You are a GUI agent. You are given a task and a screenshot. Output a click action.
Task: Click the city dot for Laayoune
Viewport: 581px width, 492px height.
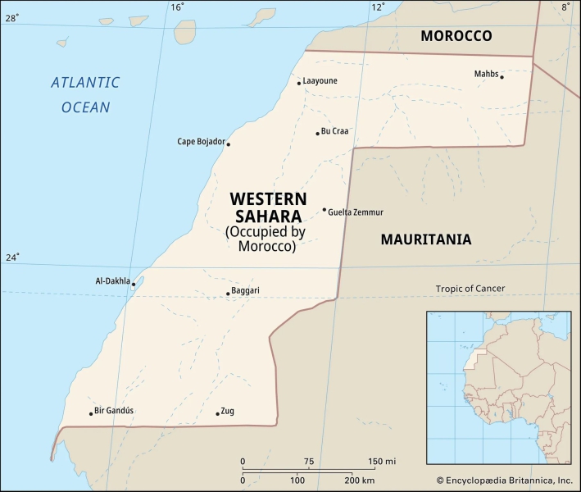pyautogui.click(x=299, y=83)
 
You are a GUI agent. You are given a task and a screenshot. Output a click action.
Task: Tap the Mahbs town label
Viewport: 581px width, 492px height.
pyautogui.click(x=486, y=74)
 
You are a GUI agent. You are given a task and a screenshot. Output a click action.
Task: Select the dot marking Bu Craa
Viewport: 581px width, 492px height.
pyautogui.click(x=318, y=133)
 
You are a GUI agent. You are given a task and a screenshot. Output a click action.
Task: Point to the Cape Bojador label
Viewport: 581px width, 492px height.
pyautogui.click(x=201, y=142)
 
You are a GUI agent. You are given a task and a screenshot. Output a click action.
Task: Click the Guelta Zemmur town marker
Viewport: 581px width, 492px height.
pyautogui.click(x=325, y=210)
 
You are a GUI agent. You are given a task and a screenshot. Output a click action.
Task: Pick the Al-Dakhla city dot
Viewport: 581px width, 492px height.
pyautogui.click(x=134, y=284)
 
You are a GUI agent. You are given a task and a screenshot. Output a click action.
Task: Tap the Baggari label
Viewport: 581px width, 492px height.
pyautogui.click(x=246, y=290)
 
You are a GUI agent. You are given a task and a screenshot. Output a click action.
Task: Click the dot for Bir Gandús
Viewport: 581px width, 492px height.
pyautogui.click(x=91, y=413)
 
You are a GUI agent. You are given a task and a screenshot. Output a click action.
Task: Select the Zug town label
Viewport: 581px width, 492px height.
pyautogui.click(x=228, y=411)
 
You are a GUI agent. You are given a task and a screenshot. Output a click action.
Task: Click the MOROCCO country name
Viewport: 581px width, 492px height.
pyautogui.click(x=456, y=36)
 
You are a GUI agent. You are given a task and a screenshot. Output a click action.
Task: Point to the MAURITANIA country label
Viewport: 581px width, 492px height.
pyautogui.click(x=425, y=239)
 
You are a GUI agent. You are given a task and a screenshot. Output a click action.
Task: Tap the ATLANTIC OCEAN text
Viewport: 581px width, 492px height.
pyautogui.click(x=85, y=94)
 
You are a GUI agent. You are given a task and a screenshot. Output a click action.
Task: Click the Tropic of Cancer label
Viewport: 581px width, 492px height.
pyautogui.click(x=470, y=288)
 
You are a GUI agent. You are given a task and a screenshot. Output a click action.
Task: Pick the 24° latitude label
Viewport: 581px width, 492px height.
pyautogui.click(x=11, y=257)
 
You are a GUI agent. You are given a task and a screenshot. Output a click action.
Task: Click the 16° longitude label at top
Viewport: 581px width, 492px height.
pyautogui.click(x=177, y=7)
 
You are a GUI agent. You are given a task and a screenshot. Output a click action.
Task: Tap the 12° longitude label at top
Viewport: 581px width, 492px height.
pyautogui.click(x=378, y=7)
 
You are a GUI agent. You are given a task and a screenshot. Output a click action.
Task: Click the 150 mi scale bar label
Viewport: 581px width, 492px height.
pyautogui.click(x=382, y=461)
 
